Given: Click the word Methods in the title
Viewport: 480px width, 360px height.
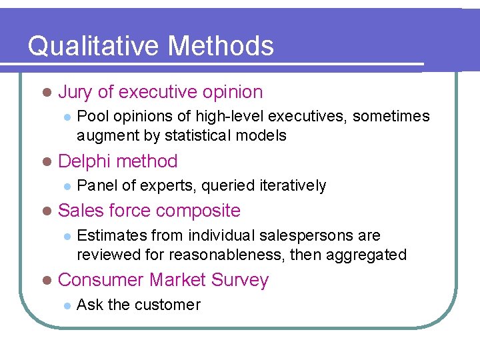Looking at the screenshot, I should tap(221, 47).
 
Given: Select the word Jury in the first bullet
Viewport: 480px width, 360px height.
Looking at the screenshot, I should tap(75, 93).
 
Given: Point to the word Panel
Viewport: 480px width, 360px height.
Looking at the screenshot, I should tap(95, 185).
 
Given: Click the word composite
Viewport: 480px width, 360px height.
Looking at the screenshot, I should tap(197, 211).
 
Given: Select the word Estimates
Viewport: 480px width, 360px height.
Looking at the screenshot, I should tap(111, 235).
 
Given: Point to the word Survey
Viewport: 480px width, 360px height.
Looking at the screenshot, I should tap(240, 280).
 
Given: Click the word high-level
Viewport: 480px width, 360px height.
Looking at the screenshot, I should tap(227, 117).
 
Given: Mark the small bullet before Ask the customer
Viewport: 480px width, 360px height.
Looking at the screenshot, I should tap(66, 305).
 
